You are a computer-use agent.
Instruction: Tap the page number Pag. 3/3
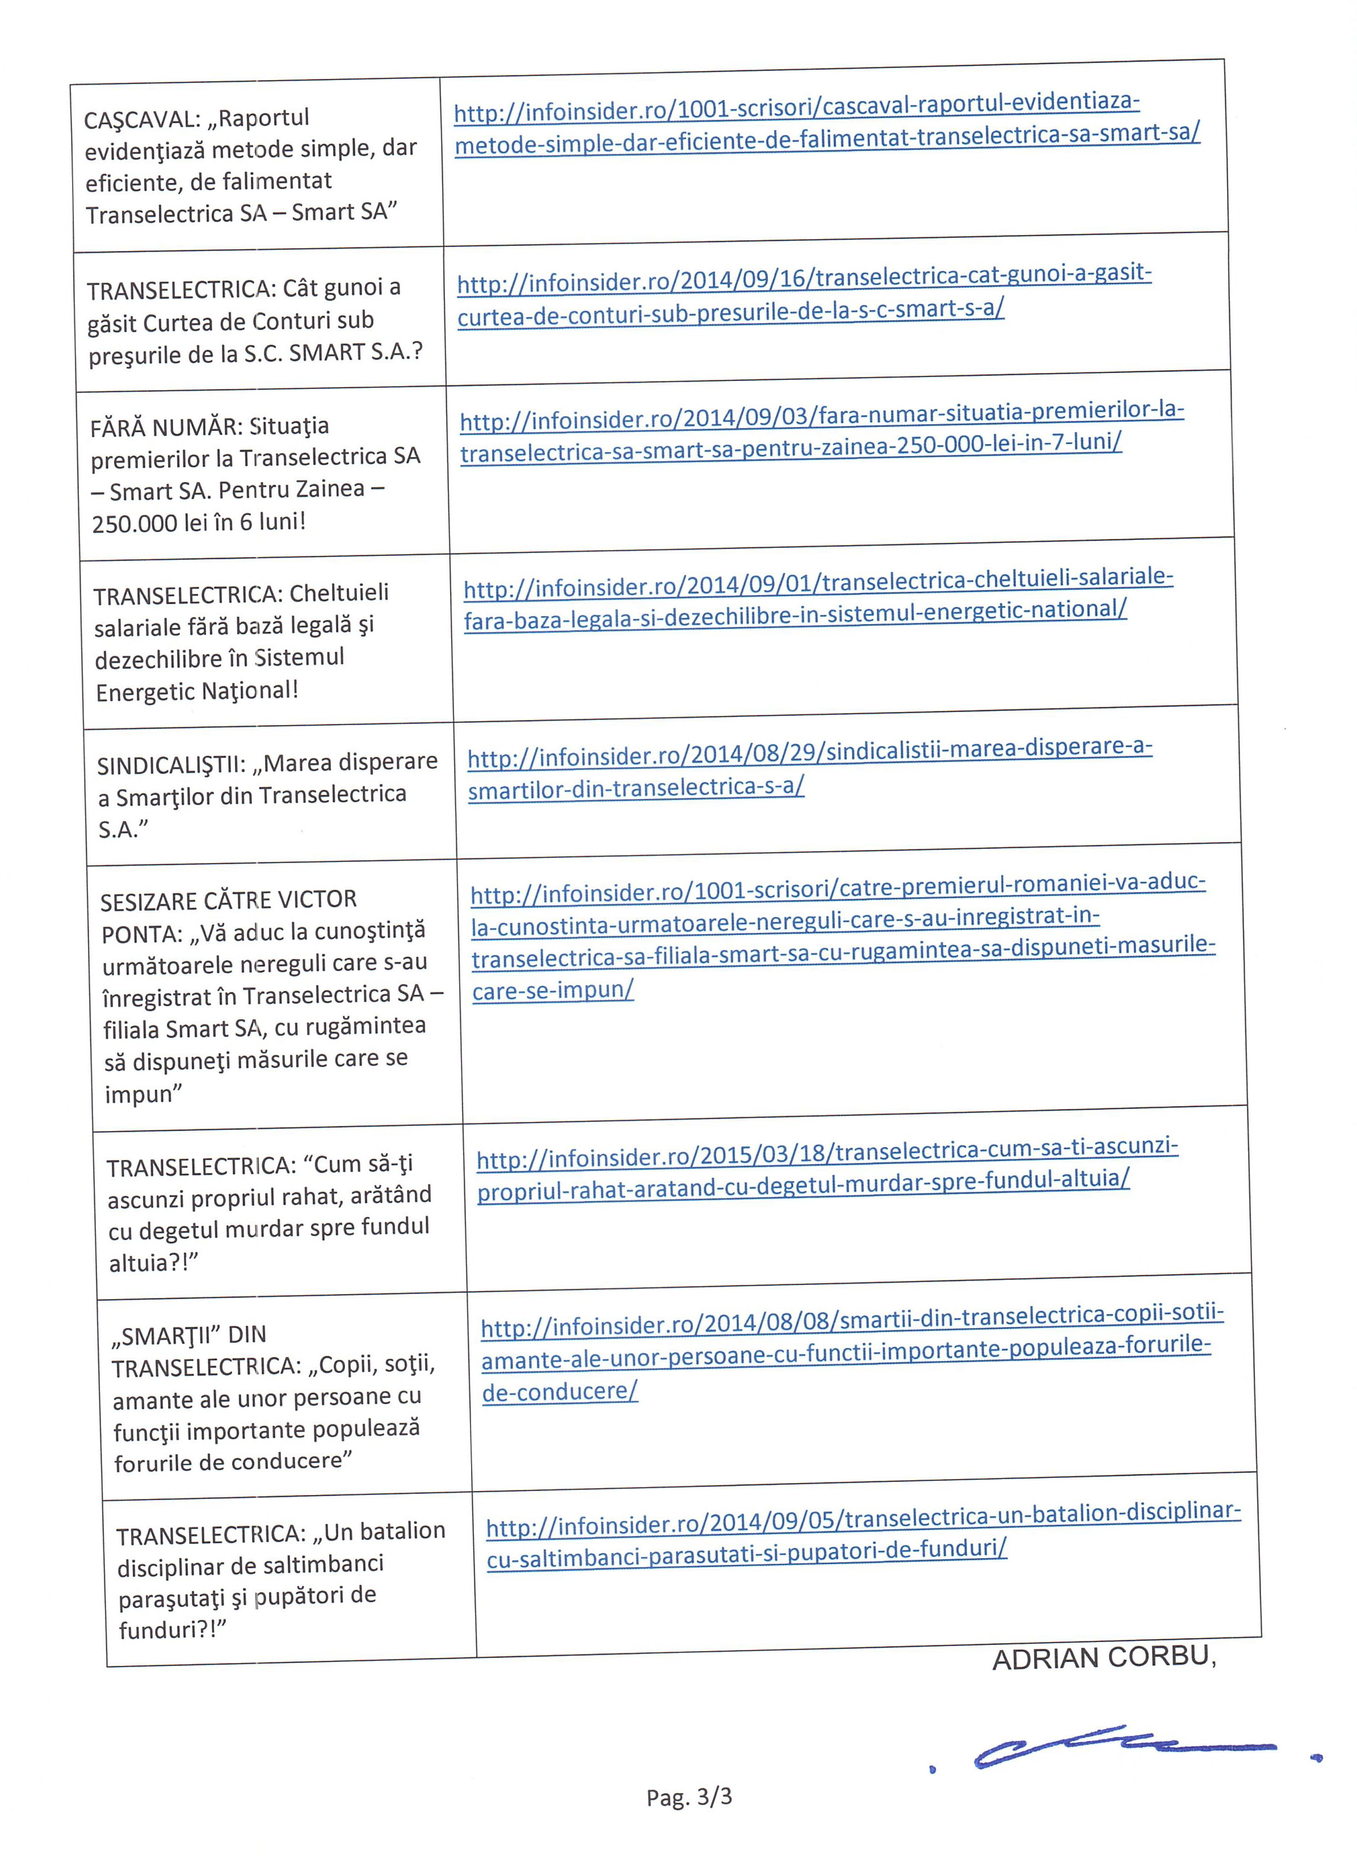[689, 1796]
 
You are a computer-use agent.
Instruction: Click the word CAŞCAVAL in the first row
[141, 120]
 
